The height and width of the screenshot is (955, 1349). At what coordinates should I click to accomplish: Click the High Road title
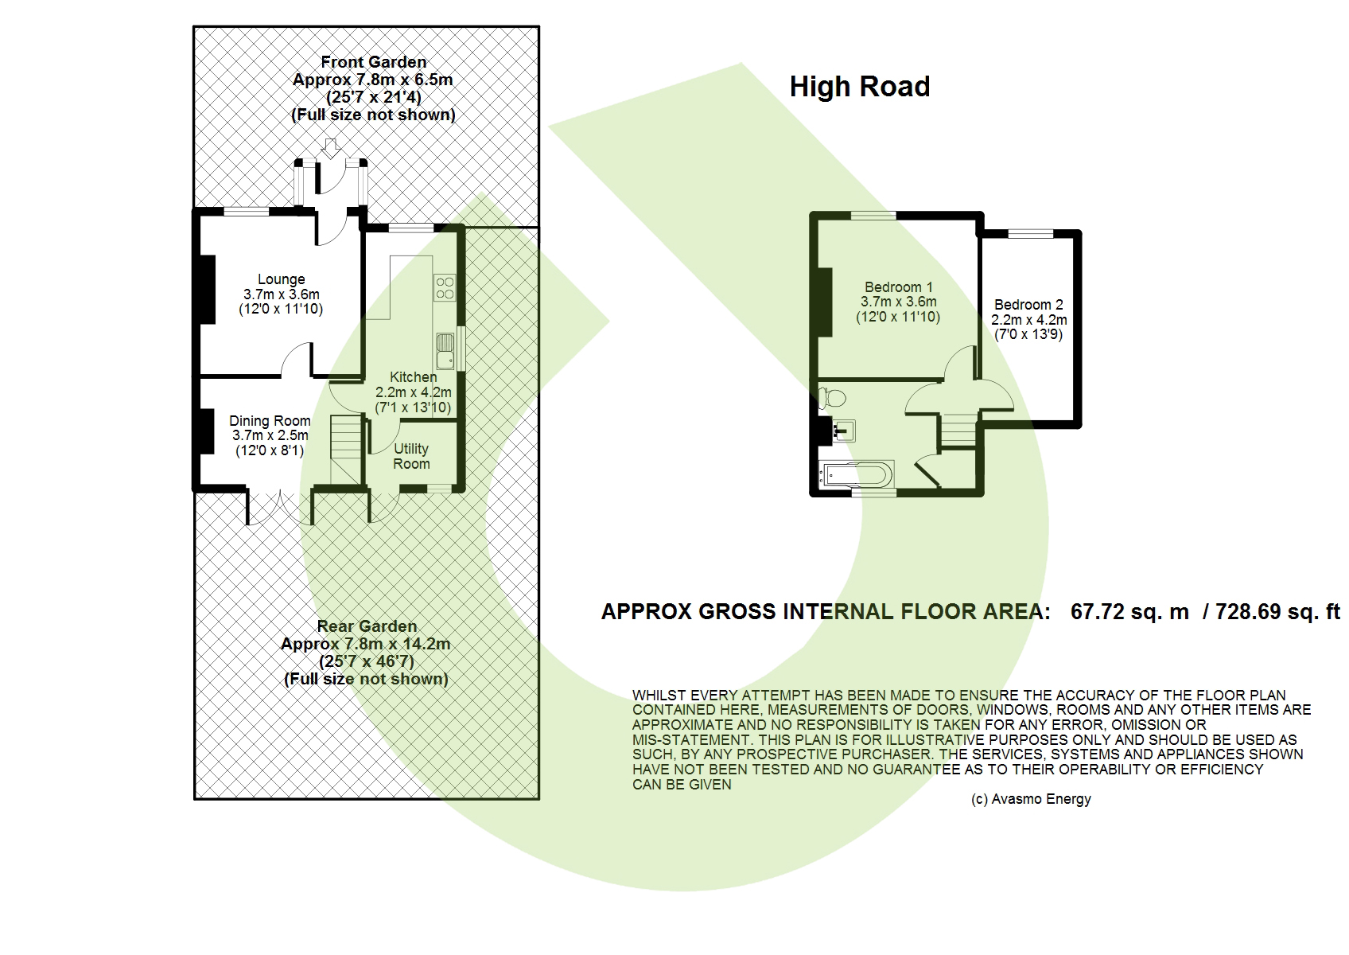859,87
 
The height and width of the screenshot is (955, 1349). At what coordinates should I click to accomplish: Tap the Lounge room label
282,279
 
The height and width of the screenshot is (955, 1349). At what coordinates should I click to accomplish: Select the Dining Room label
270,420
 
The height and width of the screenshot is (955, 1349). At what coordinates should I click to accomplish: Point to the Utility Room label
411,456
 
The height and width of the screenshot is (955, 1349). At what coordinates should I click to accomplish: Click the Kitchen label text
413,377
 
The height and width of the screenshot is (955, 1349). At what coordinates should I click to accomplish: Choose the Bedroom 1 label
899,286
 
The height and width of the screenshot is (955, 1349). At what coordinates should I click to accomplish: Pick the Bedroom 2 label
1028,305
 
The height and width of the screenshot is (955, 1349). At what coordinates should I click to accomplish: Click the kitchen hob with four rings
445,287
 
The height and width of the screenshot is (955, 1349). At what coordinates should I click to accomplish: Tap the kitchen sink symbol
445,351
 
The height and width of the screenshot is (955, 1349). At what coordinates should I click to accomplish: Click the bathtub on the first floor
856,474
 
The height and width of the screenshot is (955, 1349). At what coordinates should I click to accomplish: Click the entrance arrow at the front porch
330,148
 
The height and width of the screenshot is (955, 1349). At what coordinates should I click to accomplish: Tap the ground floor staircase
346,449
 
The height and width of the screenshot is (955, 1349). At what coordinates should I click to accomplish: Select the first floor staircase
958,432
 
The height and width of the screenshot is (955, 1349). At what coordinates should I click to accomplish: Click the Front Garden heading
373,62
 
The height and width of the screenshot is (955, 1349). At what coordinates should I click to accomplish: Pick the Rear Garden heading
367,626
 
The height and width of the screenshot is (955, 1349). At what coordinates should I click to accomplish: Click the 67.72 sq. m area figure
1129,612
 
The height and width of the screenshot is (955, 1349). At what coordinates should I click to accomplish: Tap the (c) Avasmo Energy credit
1031,799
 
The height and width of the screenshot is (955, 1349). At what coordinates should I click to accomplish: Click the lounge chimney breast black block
207,291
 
